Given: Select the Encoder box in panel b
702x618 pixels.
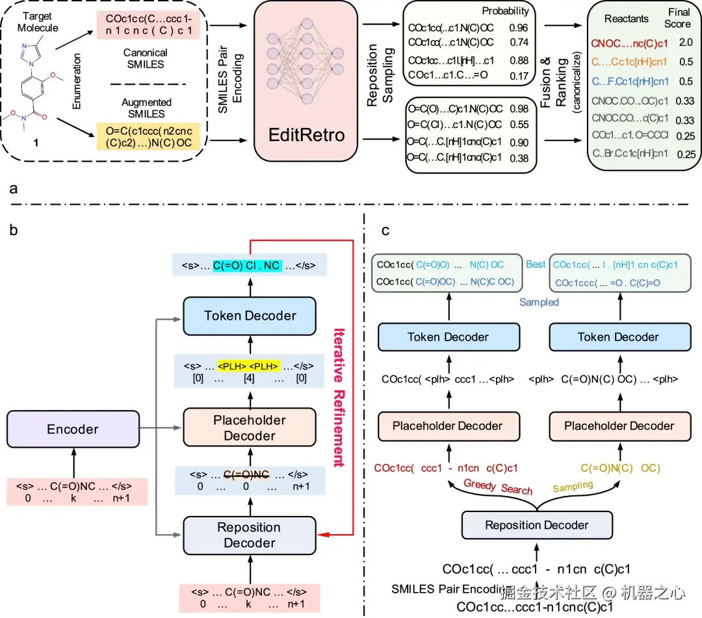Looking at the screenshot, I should click(73, 429).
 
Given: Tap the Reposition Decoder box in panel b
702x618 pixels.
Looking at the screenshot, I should click(250, 535).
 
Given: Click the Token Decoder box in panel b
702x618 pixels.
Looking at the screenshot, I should click(250, 316).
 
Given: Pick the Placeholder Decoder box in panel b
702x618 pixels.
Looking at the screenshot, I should click(250, 428).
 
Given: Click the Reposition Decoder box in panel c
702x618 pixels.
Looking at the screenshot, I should click(537, 524).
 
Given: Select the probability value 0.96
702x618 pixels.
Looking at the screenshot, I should click(518, 29).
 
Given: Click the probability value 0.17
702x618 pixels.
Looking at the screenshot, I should click(518, 75).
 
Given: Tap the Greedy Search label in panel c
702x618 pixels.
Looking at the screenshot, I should click(498, 487).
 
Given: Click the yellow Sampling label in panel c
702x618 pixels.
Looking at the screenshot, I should click(573, 485).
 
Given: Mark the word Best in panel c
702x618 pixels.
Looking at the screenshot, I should click(536, 265).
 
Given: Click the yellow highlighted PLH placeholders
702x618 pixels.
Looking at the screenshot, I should click(248, 365).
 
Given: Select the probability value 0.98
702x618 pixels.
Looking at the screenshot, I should click(518, 109).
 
